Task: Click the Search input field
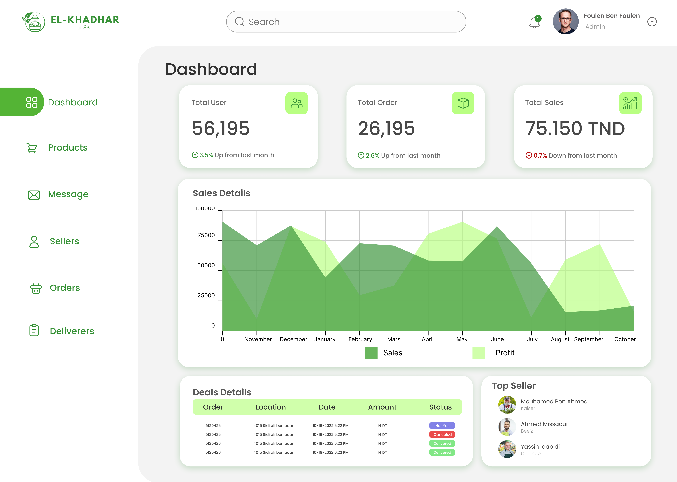click(x=346, y=22)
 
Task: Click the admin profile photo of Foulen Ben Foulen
click(x=566, y=21)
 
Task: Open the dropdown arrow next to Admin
click(x=652, y=22)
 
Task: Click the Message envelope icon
click(x=34, y=195)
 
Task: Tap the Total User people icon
click(x=297, y=103)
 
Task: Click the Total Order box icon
click(x=463, y=103)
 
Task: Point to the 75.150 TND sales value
click(x=575, y=129)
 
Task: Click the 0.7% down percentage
click(x=540, y=156)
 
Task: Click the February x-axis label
click(x=360, y=339)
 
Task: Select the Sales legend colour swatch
click(x=371, y=353)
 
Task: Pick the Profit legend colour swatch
click(x=478, y=353)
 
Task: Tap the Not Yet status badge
click(x=442, y=426)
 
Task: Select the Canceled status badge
click(x=442, y=434)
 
